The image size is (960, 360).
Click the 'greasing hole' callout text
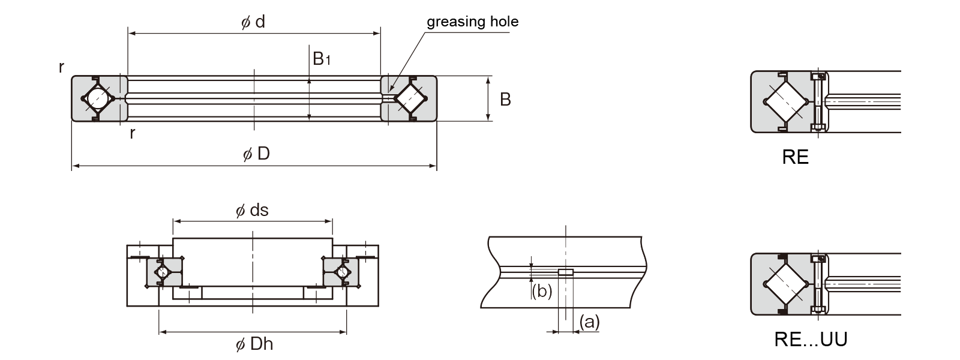[472, 22]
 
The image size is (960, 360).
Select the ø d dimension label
[253, 23]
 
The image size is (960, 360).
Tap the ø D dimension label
[256, 154]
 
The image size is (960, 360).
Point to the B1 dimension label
[322, 58]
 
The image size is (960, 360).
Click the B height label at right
[505, 99]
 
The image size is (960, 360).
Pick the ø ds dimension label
[252, 211]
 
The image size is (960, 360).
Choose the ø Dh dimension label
[254, 344]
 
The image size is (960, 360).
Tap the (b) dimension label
[542, 291]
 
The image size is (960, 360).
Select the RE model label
[796, 158]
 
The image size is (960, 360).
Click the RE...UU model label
[811, 340]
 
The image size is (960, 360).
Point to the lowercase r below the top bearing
[132, 133]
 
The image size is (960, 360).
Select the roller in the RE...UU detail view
[784, 284]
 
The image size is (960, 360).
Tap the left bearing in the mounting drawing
[163, 272]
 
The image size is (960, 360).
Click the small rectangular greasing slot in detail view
[565, 272]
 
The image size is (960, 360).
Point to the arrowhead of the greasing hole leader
[391, 92]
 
